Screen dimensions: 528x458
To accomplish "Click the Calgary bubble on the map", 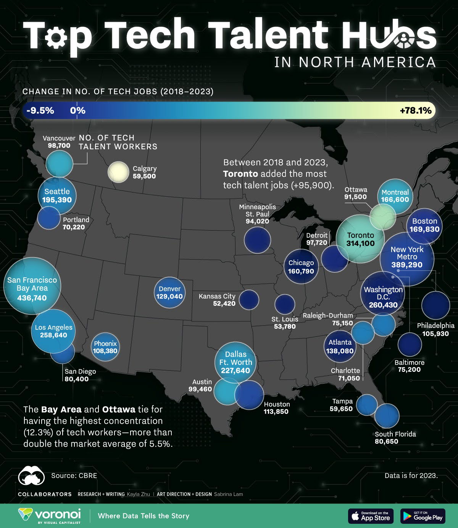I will pyautogui.click(x=118, y=173).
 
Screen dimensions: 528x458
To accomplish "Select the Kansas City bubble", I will pyautogui.click(x=249, y=300).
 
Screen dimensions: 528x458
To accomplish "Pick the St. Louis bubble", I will pyautogui.click(x=285, y=304).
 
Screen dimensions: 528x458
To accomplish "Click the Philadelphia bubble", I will pyautogui.click(x=435, y=305).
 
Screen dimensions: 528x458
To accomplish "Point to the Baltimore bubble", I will pyautogui.click(x=410, y=344).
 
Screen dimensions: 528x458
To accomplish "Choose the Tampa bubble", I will pyautogui.click(x=367, y=405).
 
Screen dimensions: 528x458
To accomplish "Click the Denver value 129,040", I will pyautogui.click(x=169, y=296).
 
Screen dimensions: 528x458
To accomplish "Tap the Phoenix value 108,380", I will pyautogui.click(x=105, y=351).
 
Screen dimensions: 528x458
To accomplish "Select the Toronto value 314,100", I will pyautogui.click(x=361, y=244).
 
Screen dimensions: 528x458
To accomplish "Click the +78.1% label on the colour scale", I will pyautogui.click(x=416, y=111).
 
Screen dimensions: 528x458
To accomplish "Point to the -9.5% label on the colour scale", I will pyautogui.click(x=40, y=111).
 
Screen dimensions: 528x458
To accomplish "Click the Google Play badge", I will pyautogui.click(x=423, y=516).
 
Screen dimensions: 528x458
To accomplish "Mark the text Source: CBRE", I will pyautogui.click(x=74, y=476).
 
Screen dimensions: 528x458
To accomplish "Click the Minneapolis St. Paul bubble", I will pyautogui.click(x=257, y=240).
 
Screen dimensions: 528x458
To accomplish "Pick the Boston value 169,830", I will pyautogui.click(x=424, y=229).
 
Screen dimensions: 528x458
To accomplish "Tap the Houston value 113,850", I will pyautogui.click(x=276, y=412).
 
